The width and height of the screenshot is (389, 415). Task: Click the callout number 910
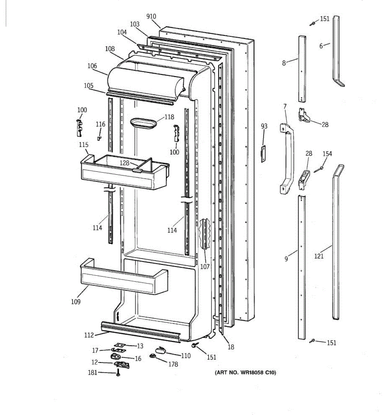(151, 16)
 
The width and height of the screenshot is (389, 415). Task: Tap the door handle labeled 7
(288, 156)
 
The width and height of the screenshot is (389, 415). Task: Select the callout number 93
(264, 126)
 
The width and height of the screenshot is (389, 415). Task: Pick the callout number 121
(319, 256)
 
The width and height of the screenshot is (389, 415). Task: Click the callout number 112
(89, 335)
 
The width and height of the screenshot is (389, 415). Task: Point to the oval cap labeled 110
(160, 351)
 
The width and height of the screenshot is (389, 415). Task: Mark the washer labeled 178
(152, 356)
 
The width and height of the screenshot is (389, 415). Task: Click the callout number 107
(205, 267)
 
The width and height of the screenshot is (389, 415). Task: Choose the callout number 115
(84, 145)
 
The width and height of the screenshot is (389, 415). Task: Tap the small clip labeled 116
(99, 138)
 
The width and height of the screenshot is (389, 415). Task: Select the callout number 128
(124, 163)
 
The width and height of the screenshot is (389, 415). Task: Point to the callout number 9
(286, 258)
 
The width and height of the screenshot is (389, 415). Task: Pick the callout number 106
(92, 66)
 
